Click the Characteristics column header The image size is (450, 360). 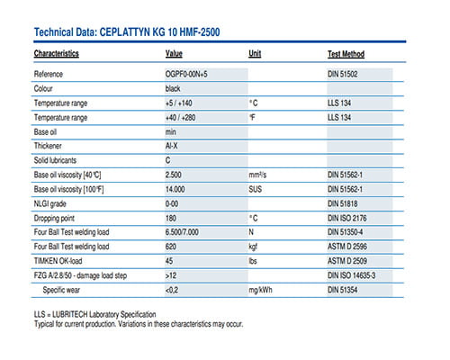pyautogui.click(x=57, y=54)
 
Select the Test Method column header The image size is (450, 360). pyautogui.click(x=346, y=54)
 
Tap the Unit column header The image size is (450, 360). pyautogui.click(x=255, y=53)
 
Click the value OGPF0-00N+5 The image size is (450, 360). pyautogui.click(x=186, y=74)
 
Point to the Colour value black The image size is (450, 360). pyautogui.click(x=173, y=88)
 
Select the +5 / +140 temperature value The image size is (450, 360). pyautogui.click(x=179, y=103)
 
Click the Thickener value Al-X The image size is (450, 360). pyautogui.click(x=171, y=146)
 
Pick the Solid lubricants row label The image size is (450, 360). pyautogui.click(x=55, y=160)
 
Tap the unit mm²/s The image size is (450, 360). pyautogui.click(x=257, y=175)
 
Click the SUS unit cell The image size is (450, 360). pyautogui.click(x=255, y=189)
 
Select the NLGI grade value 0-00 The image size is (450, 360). pyautogui.click(x=172, y=204)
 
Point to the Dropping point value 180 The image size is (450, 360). pyautogui.click(x=171, y=218)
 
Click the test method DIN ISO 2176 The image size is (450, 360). pyautogui.click(x=347, y=218)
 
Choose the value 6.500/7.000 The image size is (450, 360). pyautogui.click(x=182, y=232)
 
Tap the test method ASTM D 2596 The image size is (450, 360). pyautogui.click(x=347, y=247)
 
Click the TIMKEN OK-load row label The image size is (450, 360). pyautogui.click(x=58, y=261)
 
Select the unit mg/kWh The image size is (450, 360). pyautogui.click(x=260, y=290)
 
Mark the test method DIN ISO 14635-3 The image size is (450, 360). pyautogui.click(x=351, y=275)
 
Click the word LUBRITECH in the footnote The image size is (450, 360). pyautogui.click(x=70, y=314)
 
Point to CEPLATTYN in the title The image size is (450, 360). pyautogui.click(x=125, y=32)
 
